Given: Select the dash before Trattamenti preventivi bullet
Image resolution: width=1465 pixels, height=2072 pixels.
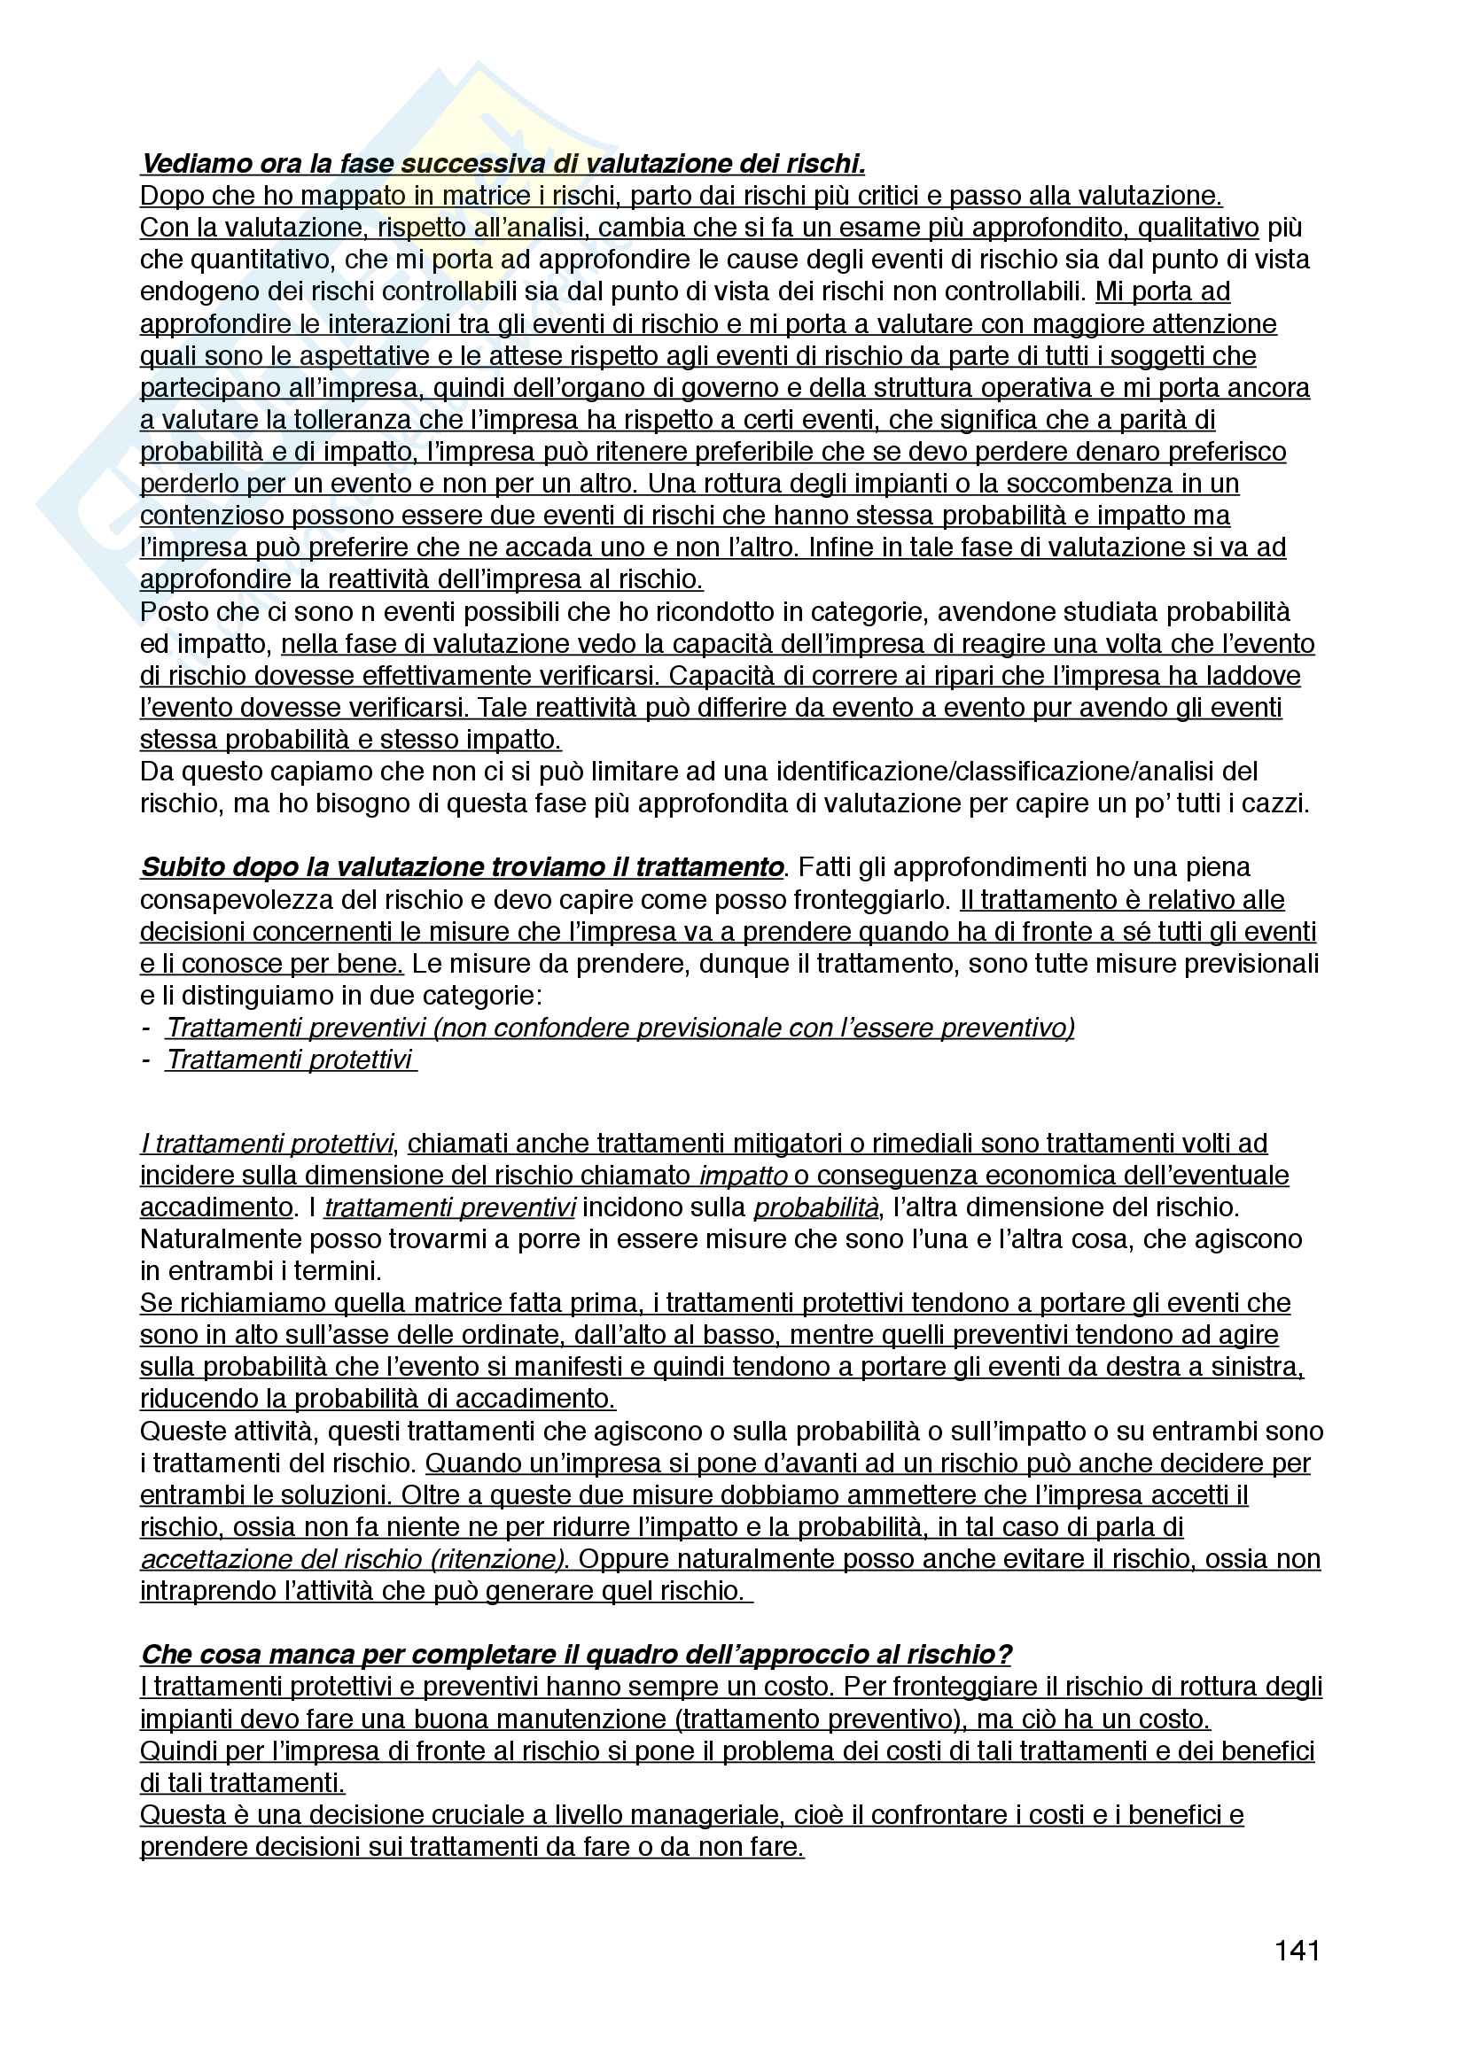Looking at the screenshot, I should tap(145, 1028).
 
